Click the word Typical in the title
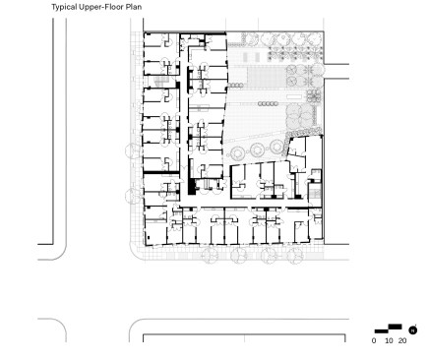coord(64,7)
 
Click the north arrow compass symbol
coord(413,330)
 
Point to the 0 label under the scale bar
coord(374,340)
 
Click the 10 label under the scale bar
coord(389,340)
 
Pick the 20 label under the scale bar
coord(402,340)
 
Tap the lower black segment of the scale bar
coord(382,331)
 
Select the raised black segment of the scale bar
coord(395,327)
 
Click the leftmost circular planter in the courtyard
coord(236,152)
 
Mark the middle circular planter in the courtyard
coord(257,150)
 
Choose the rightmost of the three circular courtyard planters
coord(276,146)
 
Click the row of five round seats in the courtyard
coord(268,103)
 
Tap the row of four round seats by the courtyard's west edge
coord(235,86)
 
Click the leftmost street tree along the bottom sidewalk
coord(211,255)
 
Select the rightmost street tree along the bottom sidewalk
coord(295,255)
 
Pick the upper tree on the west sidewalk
coord(134,150)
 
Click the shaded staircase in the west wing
coord(160,81)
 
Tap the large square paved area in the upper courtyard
coord(266,77)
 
